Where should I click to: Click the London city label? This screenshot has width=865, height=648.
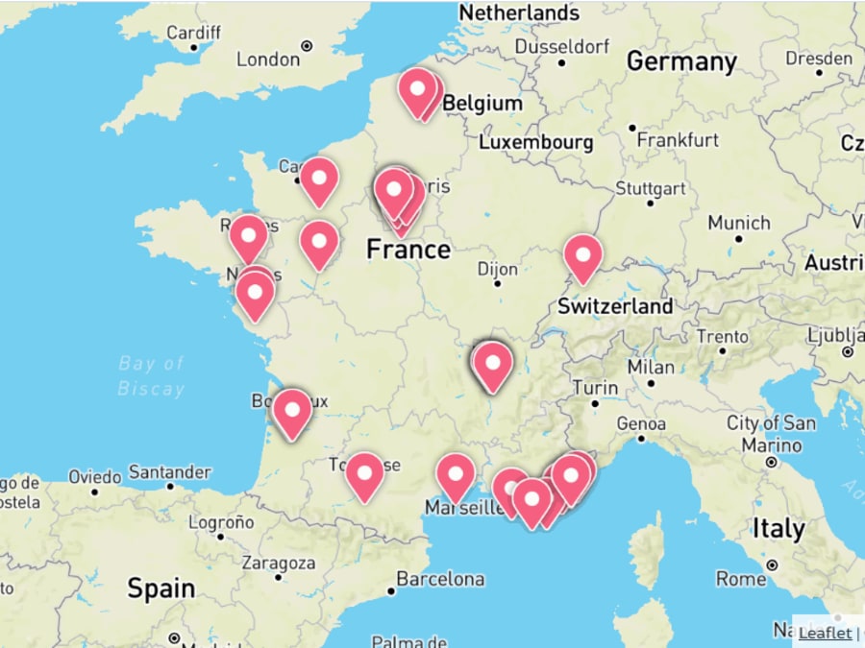268,60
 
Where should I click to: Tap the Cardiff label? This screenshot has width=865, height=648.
193,33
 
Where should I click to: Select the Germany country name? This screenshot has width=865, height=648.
681,62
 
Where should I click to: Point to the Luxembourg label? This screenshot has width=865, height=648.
535,141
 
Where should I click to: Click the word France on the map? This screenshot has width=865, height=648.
408,250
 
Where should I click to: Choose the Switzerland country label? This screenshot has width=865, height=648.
615,306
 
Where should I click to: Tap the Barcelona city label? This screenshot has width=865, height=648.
440,579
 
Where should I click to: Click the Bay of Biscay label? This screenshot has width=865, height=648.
151,375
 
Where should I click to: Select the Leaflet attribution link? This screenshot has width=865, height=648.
825,633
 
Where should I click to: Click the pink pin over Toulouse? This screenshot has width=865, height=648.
365,473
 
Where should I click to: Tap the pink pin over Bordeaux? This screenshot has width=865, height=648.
291,410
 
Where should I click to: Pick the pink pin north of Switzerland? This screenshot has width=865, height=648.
582,255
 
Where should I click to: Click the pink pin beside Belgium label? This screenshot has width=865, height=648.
418,90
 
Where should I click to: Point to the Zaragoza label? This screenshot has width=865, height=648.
278,563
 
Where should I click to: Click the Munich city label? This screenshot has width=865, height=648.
739,223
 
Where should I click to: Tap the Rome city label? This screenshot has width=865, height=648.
741,579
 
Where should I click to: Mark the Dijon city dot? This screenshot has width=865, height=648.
498,283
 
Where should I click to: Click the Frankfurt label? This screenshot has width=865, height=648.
678,140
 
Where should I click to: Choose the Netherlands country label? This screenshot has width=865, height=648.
519,12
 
